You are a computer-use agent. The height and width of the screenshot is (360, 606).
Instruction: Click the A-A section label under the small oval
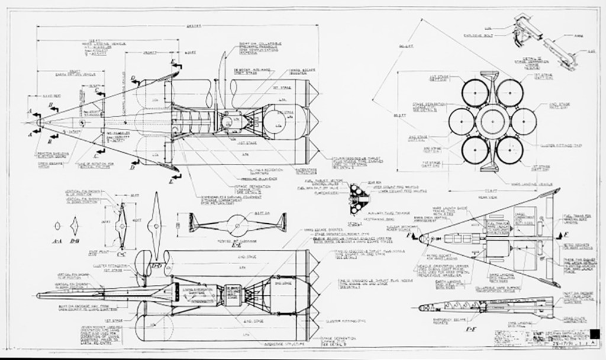click(x=57, y=242)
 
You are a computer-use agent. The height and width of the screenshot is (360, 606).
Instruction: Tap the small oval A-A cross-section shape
click(x=57, y=226)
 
